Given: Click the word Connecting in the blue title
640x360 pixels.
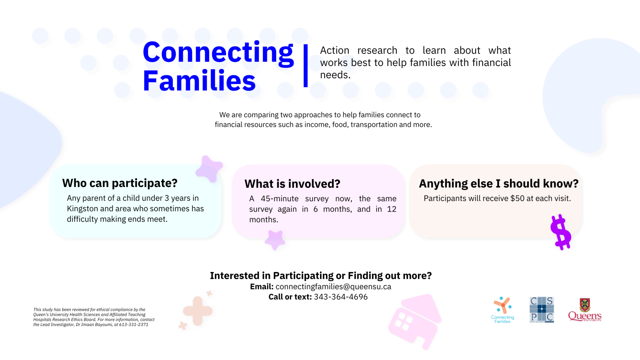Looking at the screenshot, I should click(x=218, y=53).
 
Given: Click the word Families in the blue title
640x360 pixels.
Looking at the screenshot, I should click(x=199, y=81).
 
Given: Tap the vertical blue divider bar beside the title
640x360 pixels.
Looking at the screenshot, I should click(x=306, y=66).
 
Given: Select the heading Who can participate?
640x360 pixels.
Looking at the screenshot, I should click(x=120, y=183).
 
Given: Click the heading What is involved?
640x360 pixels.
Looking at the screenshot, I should click(x=292, y=184).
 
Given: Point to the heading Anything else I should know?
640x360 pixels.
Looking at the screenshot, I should click(x=499, y=183).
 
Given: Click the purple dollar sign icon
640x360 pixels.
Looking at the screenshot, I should click(x=561, y=232).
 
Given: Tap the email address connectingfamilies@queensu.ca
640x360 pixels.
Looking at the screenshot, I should click(x=333, y=287).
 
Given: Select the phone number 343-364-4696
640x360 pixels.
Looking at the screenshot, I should click(x=341, y=297).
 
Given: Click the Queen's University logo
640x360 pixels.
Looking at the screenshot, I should click(x=584, y=310).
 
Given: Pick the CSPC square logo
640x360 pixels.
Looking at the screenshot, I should click(x=541, y=309).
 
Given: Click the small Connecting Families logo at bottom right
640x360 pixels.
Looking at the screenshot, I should click(x=502, y=310).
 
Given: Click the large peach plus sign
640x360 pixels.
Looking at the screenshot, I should click(x=197, y=311).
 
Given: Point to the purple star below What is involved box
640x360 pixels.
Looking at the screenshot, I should click(x=275, y=240).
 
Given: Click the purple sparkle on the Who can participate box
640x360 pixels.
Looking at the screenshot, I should click(x=209, y=169).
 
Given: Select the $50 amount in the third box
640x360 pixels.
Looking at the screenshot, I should click(x=517, y=199).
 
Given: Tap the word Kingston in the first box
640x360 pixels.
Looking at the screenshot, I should click(x=82, y=209).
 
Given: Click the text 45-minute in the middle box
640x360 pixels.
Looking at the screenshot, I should click(x=279, y=199).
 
